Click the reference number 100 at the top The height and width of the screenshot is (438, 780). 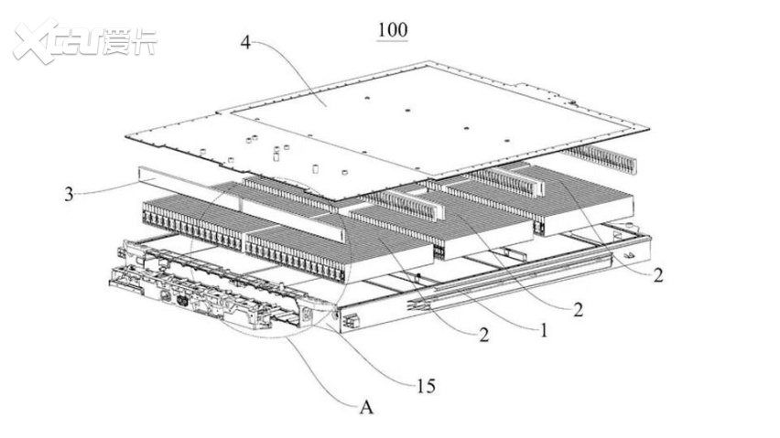pyautogui.click(x=392, y=29)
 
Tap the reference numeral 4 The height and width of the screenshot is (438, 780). pyautogui.click(x=246, y=42)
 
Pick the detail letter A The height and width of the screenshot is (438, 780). pyautogui.click(x=365, y=409)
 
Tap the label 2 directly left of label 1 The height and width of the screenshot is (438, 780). pyautogui.click(x=483, y=335)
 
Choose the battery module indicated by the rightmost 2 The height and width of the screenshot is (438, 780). pyautogui.click(x=586, y=197)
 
